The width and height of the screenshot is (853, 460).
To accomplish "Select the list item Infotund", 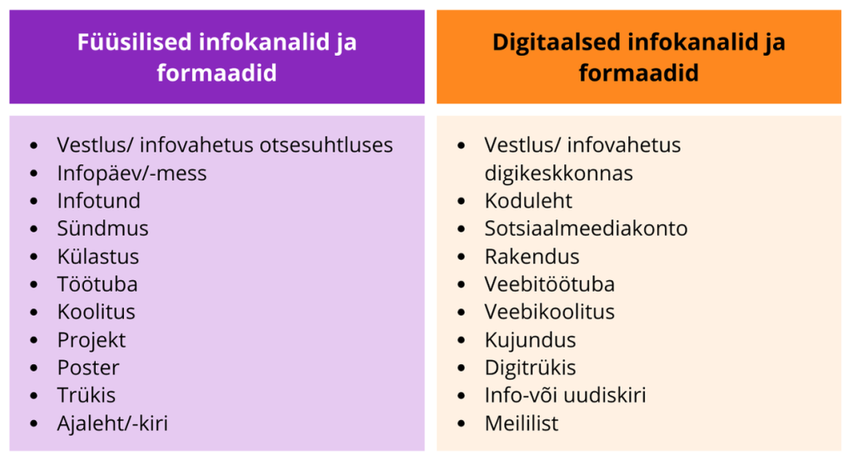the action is (x=99, y=200).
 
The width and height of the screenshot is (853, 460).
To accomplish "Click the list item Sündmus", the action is (x=102, y=228).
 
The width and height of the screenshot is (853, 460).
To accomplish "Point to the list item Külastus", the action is (x=98, y=257).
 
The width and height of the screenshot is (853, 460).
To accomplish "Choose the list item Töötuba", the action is (x=98, y=284).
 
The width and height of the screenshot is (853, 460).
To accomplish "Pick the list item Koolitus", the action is (x=97, y=312).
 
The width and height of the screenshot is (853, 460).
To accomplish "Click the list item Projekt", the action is (x=92, y=340).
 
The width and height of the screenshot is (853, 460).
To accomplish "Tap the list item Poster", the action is (x=88, y=367).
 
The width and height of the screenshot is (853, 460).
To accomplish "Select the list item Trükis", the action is (x=87, y=395).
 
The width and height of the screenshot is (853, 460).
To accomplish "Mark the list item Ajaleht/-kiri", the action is (x=112, y=423).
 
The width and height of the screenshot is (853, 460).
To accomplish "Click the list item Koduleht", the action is (x=528, y=200).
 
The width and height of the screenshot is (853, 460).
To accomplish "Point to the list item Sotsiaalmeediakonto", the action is (x=586, y=228).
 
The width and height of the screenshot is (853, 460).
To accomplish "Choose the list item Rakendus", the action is (x=532, y=257).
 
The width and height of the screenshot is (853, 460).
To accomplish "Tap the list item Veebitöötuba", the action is (x=550, y=284).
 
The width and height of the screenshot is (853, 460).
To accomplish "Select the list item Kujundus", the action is (x=531, y=340).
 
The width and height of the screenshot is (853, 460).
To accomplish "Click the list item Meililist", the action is (x=521, y=423).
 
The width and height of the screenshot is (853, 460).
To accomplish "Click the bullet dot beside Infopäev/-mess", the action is (x=34, y=173).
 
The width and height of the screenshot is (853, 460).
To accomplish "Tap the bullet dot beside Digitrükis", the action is (x=461, y=367).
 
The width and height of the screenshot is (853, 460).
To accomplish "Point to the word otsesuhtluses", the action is (x=326, y=145).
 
